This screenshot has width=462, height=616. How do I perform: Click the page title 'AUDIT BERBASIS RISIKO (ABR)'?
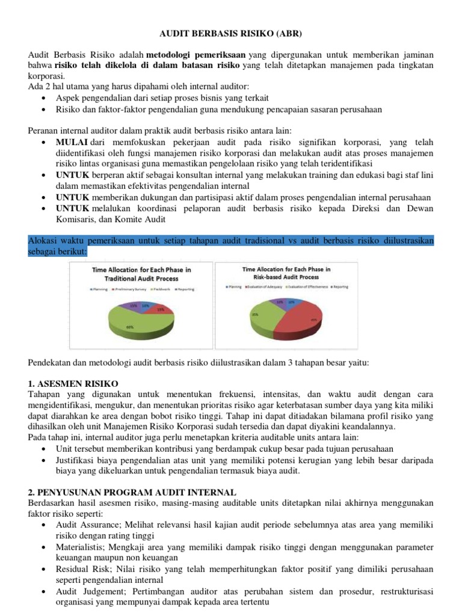point(231,35)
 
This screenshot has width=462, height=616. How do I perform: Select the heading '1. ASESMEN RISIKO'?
point(73,383)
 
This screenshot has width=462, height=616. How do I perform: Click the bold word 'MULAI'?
point(72,142)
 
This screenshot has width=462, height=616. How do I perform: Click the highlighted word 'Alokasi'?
point(44,241)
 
